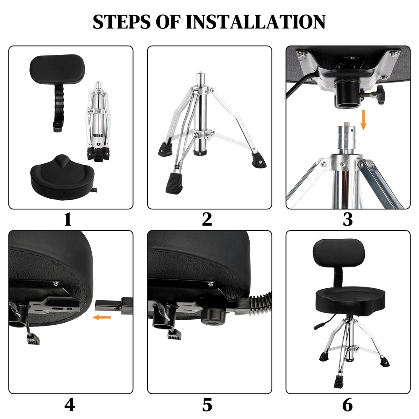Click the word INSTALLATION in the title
pyautogui.click(x=255, y=21)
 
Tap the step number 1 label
pyautogui.click(x=68, y=219)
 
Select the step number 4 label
pyautogui.click(x=70, y=404)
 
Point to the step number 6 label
pyautogui.click(x=347, y=404)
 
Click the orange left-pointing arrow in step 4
pyautogui.click(x=102, y=317)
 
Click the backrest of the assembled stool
pyautogui.click(x=339, y=253)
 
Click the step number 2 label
pyautogui.click(x=207, y=219)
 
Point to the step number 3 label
pyautogui.click(x=347, y=219)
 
